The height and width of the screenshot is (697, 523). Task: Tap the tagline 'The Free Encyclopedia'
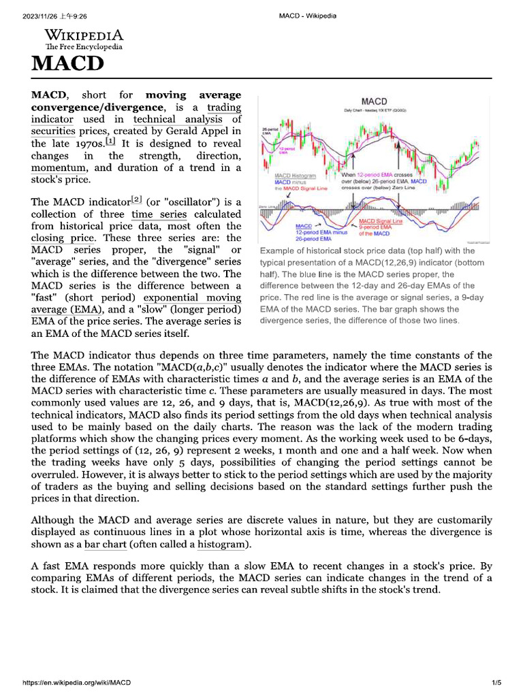(x=84, y=47)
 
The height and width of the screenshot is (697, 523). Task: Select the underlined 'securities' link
(x=53, y=132)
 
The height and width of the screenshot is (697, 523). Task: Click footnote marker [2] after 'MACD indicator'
(x=136, y=200)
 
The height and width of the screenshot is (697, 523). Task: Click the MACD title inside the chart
(x=374, y=101)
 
